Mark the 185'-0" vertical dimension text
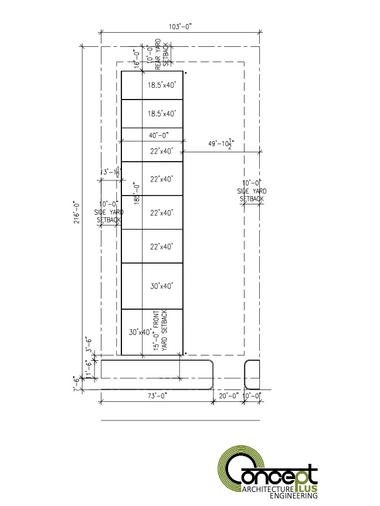135,193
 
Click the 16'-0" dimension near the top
136,60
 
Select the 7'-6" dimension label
76,384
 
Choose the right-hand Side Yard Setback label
252,192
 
